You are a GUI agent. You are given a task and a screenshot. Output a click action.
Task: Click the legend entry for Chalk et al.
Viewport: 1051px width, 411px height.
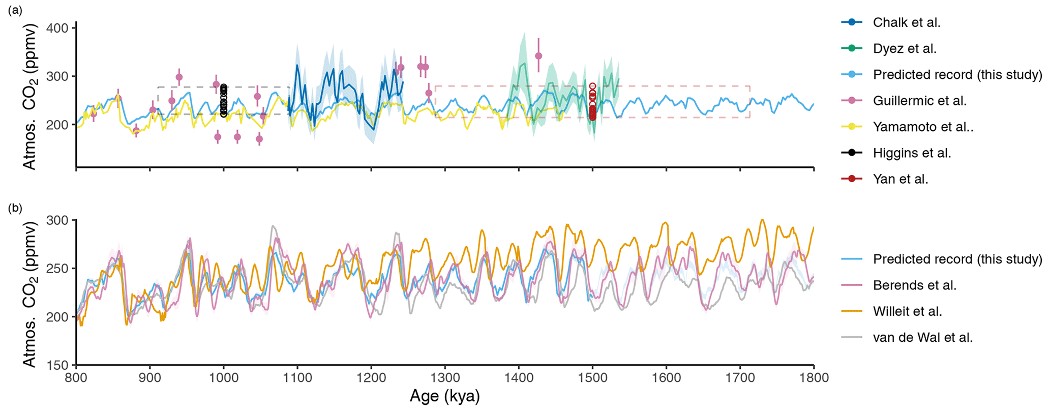pos(907,22)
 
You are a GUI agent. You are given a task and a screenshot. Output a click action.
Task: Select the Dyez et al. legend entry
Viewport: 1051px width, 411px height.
pos(905,49)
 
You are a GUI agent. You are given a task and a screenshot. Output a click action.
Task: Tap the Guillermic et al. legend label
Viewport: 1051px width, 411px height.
pos(919,101)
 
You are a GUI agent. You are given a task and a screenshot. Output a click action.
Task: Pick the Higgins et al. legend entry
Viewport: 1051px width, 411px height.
pos(912,153)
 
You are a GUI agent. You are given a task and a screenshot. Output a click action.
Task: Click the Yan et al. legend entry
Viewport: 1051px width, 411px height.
pos(900,179)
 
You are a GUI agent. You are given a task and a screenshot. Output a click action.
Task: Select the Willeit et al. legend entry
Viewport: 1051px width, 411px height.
pos(908,311)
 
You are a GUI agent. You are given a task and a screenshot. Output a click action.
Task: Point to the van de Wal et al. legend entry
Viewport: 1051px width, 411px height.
pos(923,337)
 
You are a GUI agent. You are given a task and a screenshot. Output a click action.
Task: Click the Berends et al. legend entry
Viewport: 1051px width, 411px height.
pos(915,285)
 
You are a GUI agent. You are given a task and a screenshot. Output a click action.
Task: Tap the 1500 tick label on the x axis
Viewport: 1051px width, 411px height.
pos(592,378)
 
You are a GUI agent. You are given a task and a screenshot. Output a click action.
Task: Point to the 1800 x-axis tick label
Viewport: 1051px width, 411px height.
pos(814,378)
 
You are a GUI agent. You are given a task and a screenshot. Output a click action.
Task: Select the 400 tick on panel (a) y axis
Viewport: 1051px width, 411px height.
pos(57,27)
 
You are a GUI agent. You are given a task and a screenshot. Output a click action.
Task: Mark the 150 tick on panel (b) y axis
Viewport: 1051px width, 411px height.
pos(57,365)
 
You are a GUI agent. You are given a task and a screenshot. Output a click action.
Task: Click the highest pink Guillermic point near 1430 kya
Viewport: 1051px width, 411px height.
pos(538,56)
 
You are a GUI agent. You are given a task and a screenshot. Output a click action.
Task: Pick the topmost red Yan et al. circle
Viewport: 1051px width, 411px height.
pos(592,86)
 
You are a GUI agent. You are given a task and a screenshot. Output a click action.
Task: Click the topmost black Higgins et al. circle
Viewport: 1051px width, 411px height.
pos(224,87)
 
